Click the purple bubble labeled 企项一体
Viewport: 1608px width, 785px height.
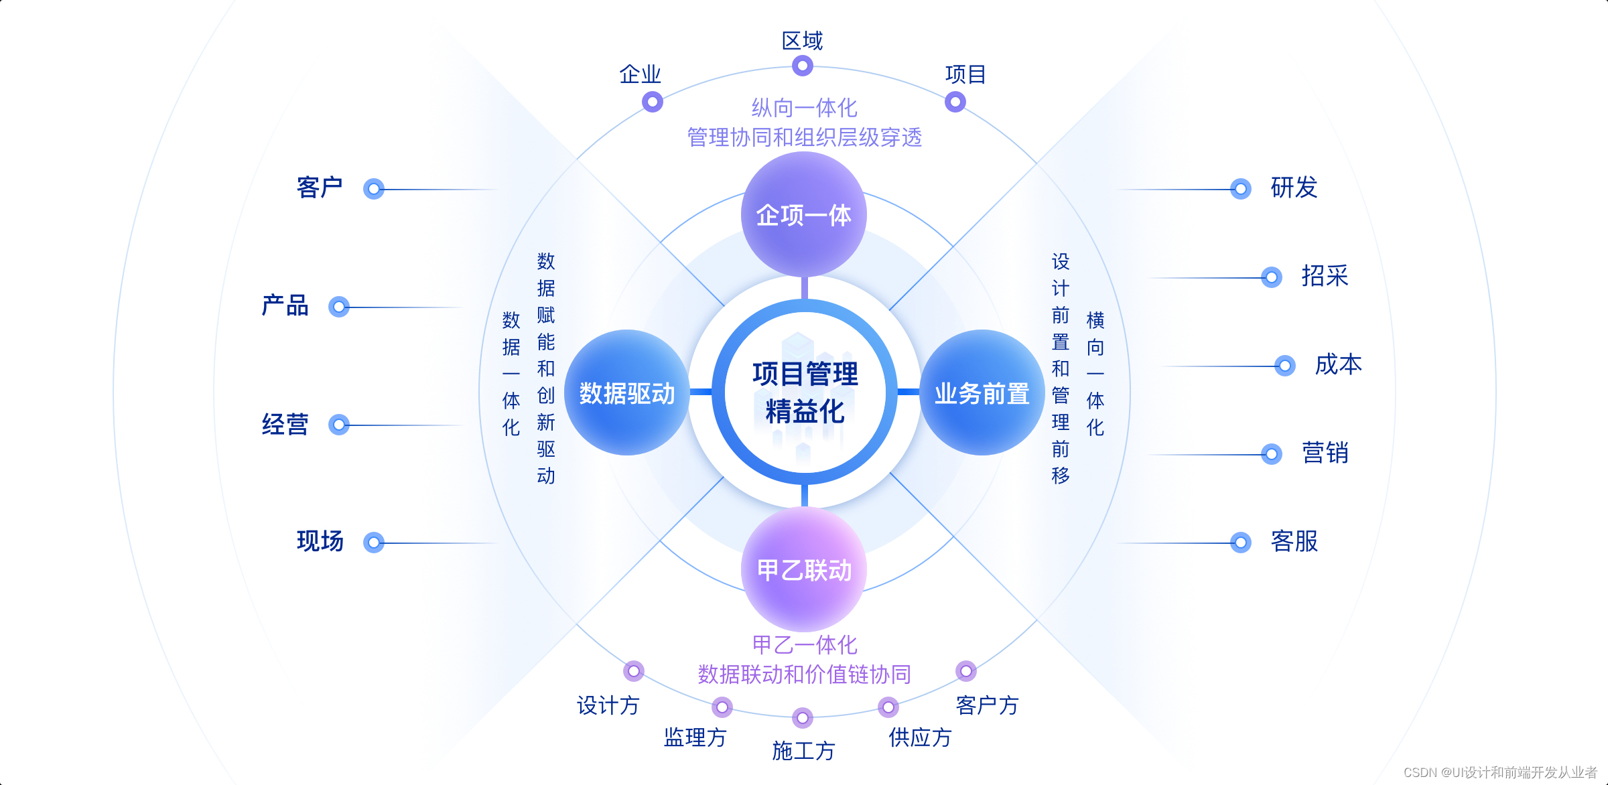click(803, 214)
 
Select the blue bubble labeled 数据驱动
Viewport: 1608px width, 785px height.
click(626, 393)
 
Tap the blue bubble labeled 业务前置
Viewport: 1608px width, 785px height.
click(982, 393)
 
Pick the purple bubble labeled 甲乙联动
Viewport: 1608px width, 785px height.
click(803, 570)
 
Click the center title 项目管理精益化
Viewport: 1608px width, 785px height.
click(805, 392)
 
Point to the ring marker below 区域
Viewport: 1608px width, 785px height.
click(802, 66)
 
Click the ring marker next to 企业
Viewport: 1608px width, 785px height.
click(652, 102)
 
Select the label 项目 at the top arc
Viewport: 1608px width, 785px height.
click(965, 74)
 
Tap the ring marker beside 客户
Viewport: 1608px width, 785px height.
click(374, 189)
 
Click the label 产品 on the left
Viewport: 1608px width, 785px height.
click(285, 305)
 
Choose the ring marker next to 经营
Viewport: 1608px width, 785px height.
click(339, 425)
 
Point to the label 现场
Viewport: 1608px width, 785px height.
click(320, 541)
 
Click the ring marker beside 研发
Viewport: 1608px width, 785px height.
click(1240, 189)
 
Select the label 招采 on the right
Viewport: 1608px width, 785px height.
click(1325, 276)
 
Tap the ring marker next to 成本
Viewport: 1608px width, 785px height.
click(1284, 366)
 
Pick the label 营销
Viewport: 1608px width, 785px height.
click(1325, 453)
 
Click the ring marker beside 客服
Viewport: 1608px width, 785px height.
click(1240, 542)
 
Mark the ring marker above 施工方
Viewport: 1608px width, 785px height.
click(802, 718)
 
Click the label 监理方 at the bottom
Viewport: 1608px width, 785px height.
click(695, 737)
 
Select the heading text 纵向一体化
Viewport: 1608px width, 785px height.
click(804, 108)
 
